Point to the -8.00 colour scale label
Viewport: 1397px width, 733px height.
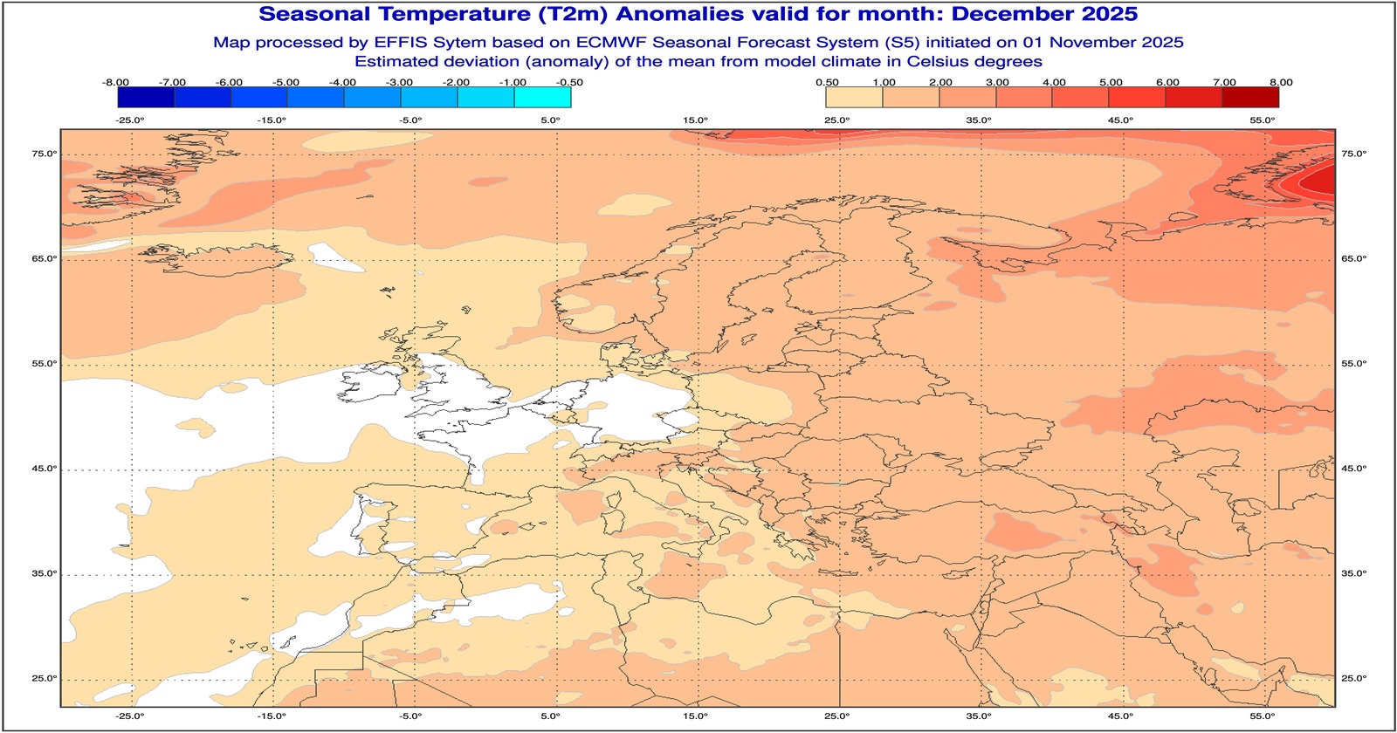(x=116, y=82)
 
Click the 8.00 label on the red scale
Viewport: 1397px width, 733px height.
(x=1281, y=82)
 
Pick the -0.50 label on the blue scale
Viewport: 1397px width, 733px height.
(x=570, y=82)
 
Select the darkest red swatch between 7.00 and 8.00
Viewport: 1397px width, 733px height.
(x=1250, y=97)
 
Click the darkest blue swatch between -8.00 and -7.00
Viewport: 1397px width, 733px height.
(x=145, y=97)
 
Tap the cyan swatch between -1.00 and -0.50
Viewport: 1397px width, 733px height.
(x=542, y=97)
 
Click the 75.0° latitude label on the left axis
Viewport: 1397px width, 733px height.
(x=45, y=154)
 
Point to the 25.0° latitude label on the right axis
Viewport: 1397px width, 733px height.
(x=1353, y=679)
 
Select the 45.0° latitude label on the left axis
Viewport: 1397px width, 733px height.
(x=45, y=469)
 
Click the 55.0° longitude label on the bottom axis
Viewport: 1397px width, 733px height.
(x=1262, y=716)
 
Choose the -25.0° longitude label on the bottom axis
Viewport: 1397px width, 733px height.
(x=130, y=716)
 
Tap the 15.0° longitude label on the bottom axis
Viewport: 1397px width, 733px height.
(x=695, y=716)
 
